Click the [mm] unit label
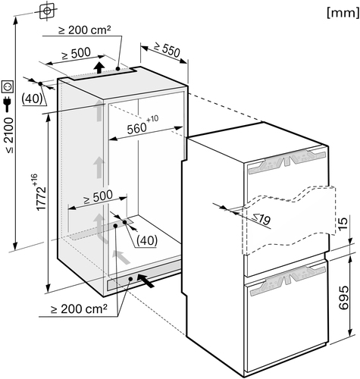[x=343, y=13]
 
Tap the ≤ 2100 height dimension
[x=9, y=135]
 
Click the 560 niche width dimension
[x=142, y=125]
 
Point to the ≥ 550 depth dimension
[x=167, y=49]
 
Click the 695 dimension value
[x=343, y=298]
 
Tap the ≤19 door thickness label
[x=261, y=219]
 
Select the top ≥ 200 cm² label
[x=85, y=30]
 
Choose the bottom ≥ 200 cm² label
[x=79, y=309]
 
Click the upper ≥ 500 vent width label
[x=76, y=54]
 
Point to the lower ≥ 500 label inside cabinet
[x=98, y=196]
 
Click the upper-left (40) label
[x=32, y=99]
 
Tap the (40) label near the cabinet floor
[x=147, y=240]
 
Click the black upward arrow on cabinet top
[x=100, y=67]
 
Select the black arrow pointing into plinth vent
[x=146, y=280]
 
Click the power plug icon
[x=7, y=105]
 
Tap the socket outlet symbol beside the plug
[x=8, y=87]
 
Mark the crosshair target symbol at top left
[x=47, y=11]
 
